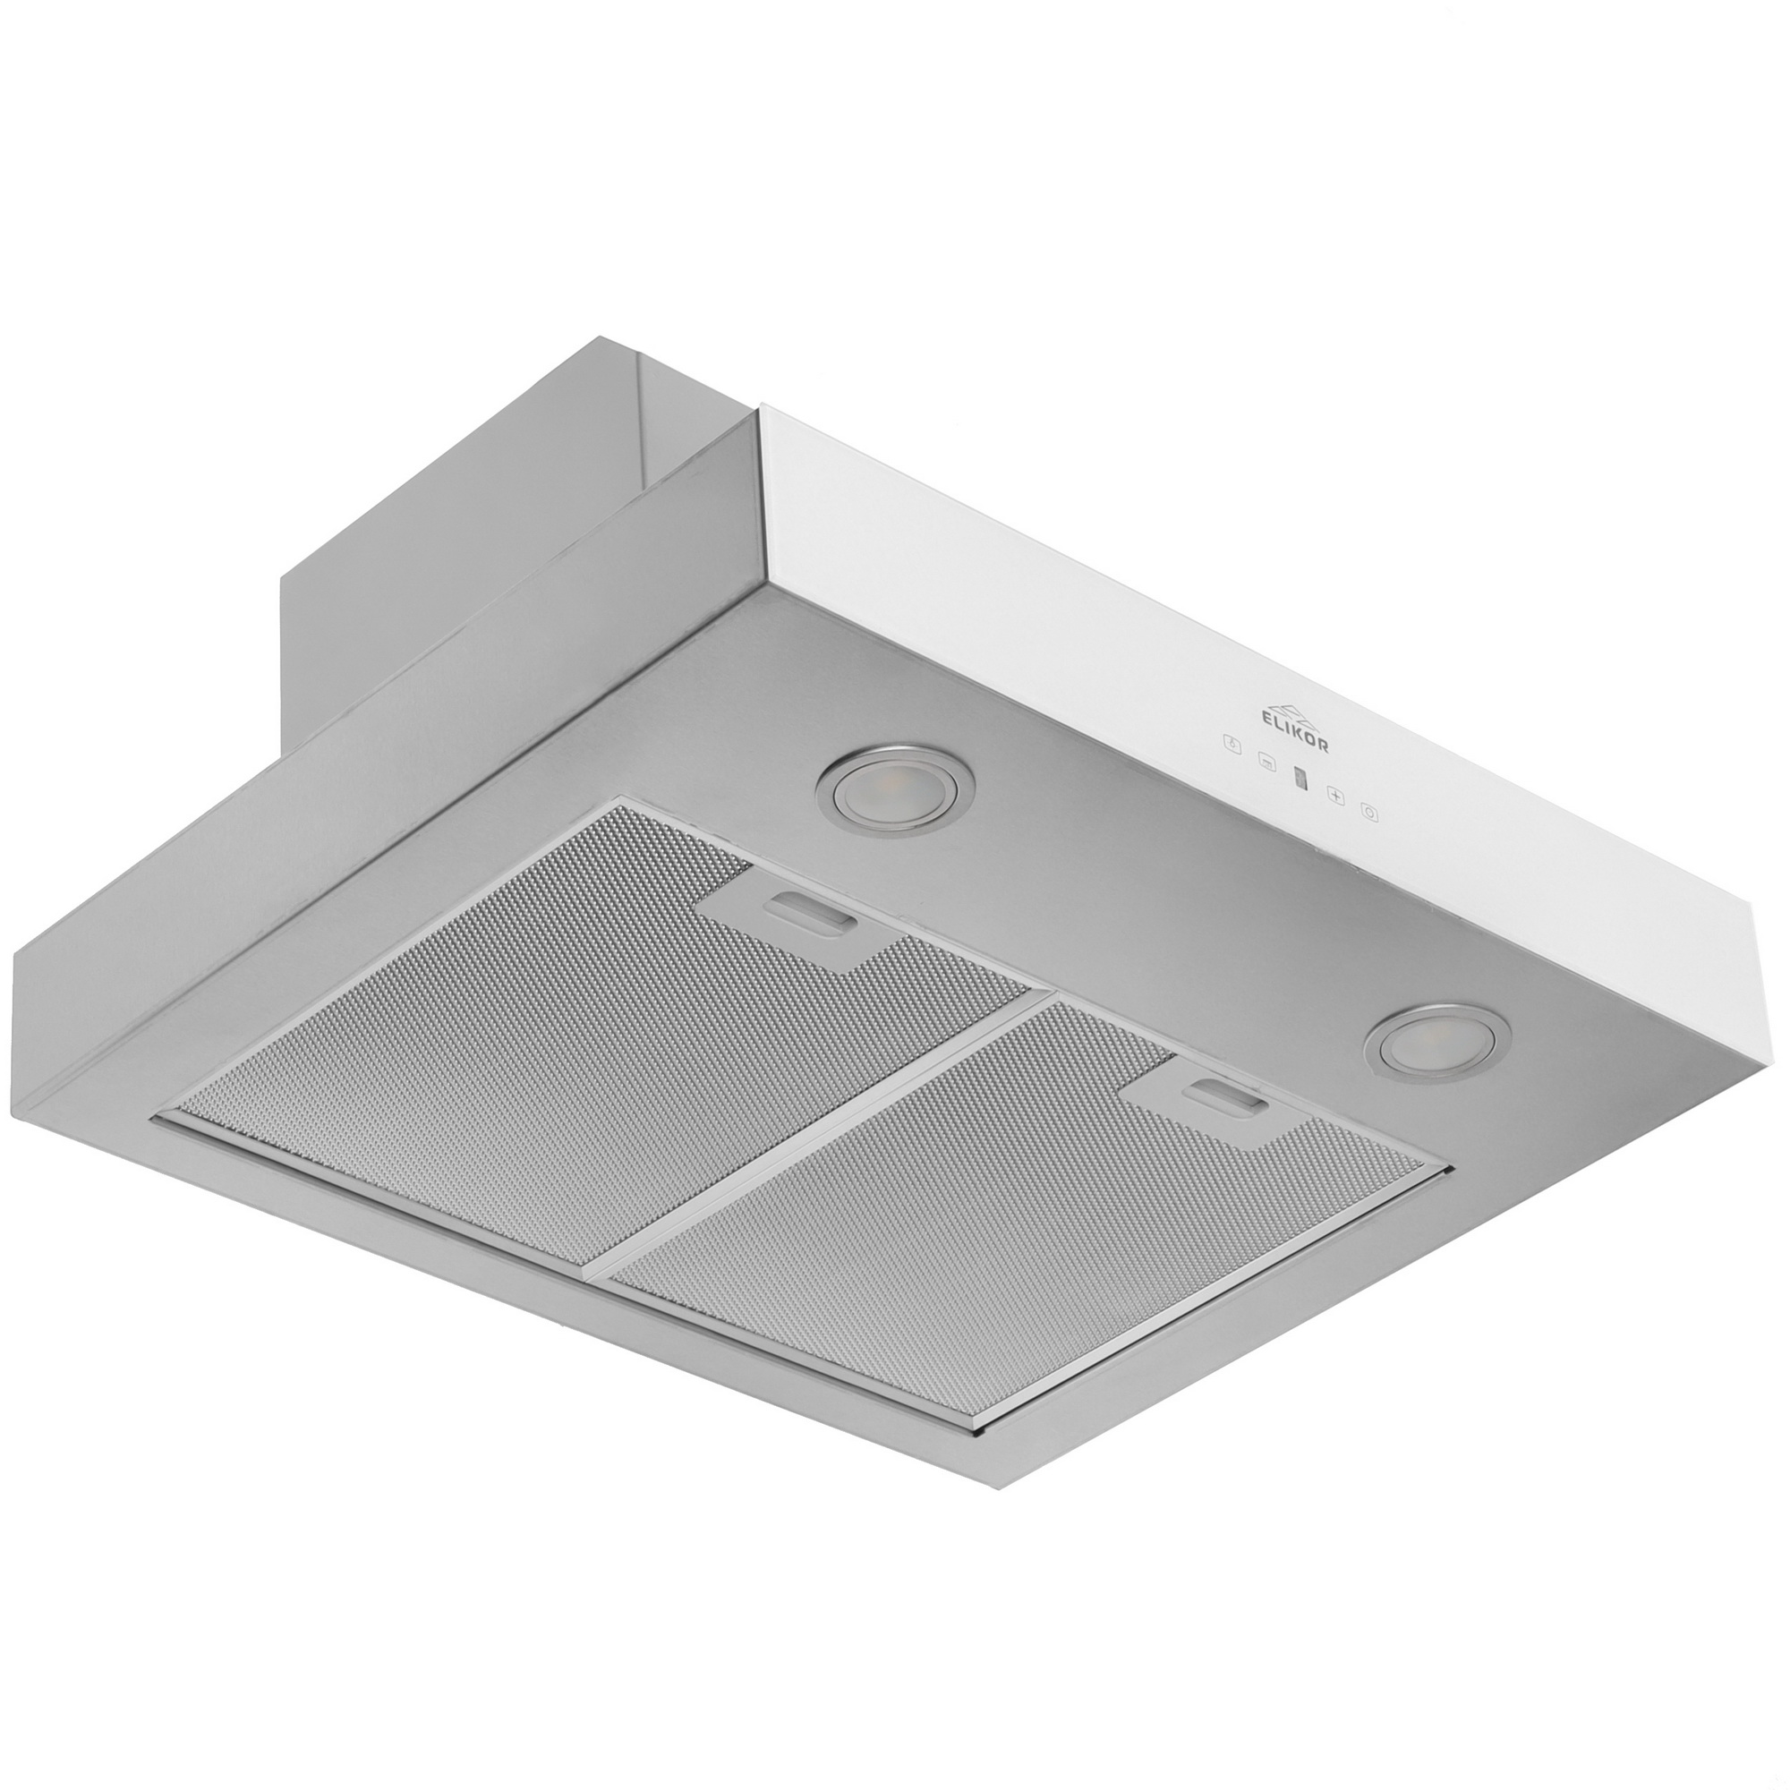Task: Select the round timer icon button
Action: click(x=1369, y=813)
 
